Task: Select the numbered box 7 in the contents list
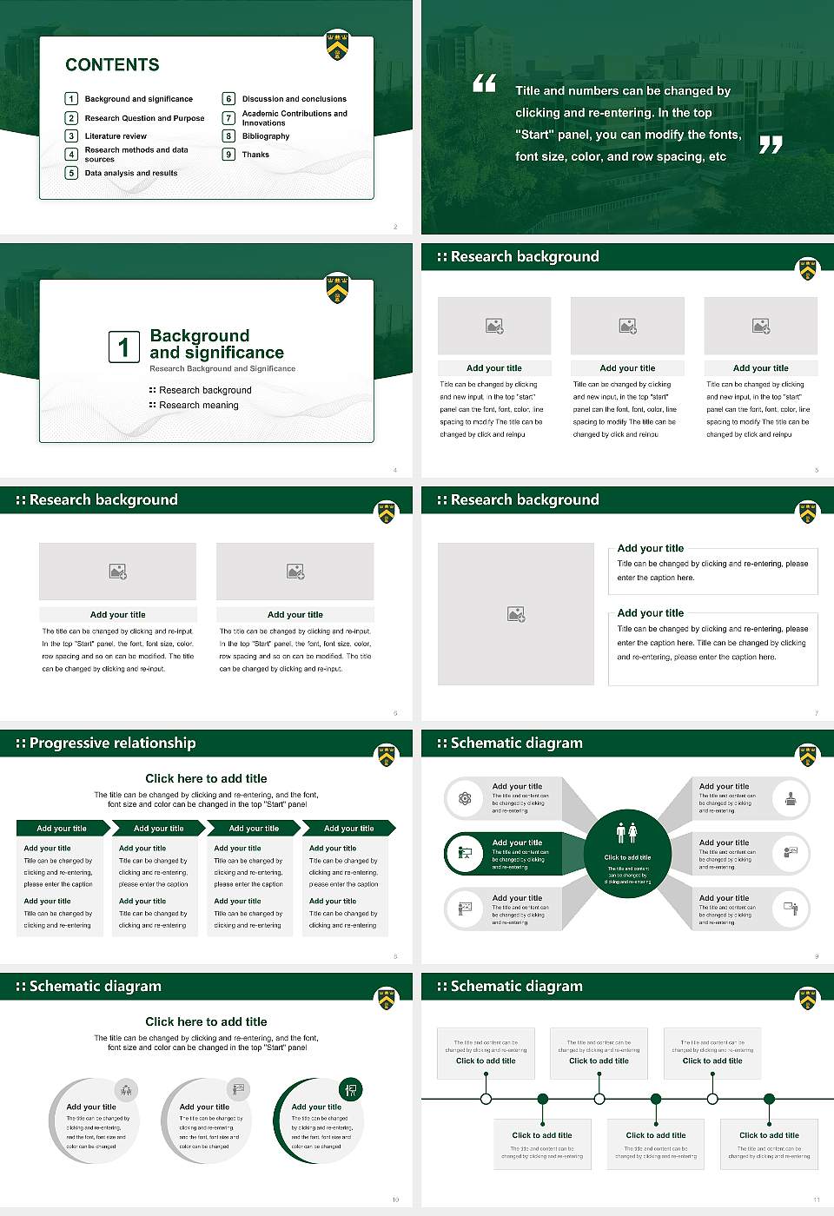(229, 118)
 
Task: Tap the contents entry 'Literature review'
(116, 136)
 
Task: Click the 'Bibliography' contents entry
(266, 136)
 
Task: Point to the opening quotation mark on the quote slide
(484, 83)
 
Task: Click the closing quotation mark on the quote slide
(771, 145)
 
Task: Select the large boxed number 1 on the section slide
(123, 347)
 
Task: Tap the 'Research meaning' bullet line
(198, 406)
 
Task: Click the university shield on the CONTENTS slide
(337, 46)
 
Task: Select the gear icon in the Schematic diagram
(465, 798)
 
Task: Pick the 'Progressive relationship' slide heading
(112, 743)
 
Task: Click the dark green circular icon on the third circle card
(350, 1089)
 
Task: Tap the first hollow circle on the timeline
(486, 1099)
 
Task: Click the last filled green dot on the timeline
(769, 1099)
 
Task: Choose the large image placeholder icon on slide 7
(516, 614)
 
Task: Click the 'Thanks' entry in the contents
(255, 155)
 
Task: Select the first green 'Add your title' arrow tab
(62, 829)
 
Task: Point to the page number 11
(816, 1199)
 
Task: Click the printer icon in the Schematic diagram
(790, 798)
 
